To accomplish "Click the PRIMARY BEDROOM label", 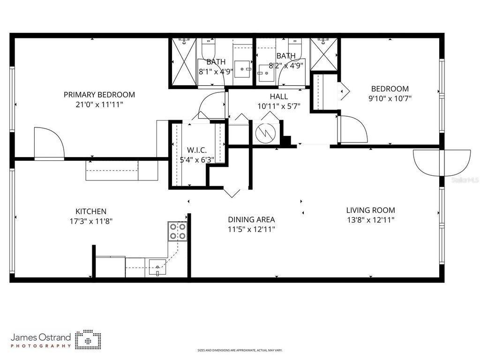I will (x=99, y=95).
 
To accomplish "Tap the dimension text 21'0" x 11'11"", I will (x=99, y=105).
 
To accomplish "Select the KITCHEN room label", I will (x=91, y=211).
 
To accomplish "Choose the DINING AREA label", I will (x=251, y=219).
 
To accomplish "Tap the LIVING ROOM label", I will (x=370, y=210).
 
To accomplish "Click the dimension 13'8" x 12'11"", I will (x=370, y=220).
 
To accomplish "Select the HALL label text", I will (x=278, y=96).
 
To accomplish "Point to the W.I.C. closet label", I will (x=197, y=150).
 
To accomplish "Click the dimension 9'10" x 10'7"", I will (x=390, y=98).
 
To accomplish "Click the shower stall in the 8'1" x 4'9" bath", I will (x=182, y=62).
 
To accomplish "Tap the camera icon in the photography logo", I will (x=88, y=340).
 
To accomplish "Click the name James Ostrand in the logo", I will (x=41, y=337).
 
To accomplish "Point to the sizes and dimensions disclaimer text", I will (x=240, y=350).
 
